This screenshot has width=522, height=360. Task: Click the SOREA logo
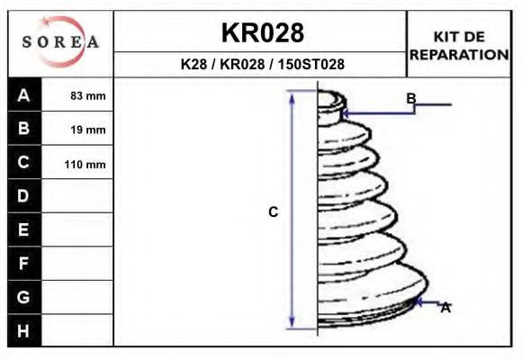(x=60, y=41)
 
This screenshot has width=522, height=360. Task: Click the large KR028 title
(x=263, y=33)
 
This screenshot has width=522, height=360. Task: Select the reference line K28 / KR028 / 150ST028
(x=262, y=64)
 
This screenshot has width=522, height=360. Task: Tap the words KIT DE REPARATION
(x=459, y=46)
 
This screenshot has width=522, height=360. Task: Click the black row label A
(x=23, y=95)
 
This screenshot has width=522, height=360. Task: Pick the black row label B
(x=23, y=128)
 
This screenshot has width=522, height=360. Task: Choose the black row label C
(x=23, y=162)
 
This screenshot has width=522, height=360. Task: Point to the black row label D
(x=23, y=196)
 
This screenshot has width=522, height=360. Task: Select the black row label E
(x=23, y=229)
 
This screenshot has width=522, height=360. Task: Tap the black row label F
(x=23, y=264)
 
